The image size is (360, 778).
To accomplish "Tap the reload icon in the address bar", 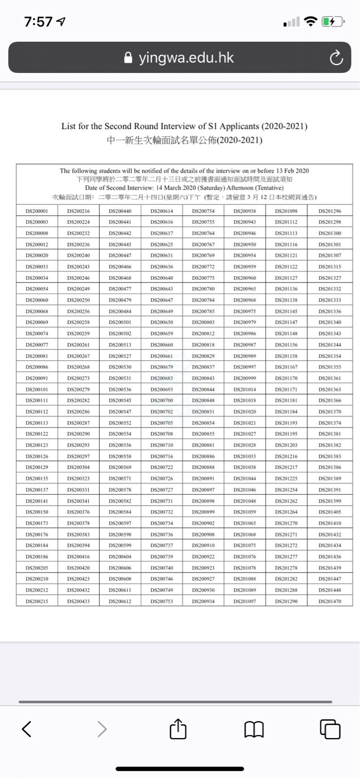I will [x=336, y=58].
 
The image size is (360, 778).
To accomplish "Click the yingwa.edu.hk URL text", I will [x=186, y=58].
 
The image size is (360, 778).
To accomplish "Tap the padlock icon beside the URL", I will [x=128, y=58].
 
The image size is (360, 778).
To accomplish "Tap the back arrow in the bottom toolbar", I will [x=27, y=729].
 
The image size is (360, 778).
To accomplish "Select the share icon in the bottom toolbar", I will [x=178, y=729].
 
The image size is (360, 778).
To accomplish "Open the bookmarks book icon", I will [x=254, y=729].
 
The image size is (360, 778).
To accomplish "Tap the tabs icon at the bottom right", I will [x=330, y=729].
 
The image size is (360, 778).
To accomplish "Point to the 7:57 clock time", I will [x=38, y=22].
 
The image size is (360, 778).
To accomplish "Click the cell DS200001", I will [x=36, y=211].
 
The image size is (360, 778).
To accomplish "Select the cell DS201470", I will [x=330, y=601].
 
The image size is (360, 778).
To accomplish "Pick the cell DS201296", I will [x=330, y=211].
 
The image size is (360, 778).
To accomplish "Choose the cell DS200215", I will [x=36, y=601].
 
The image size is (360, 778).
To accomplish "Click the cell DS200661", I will [x=162, y=356].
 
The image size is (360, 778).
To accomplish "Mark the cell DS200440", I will [x=120, y=211].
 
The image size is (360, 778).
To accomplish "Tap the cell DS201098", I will [x=286, y=211].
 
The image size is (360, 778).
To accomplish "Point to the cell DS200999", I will [x=245, y=378].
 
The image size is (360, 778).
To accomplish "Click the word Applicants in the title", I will [x=239, y=126].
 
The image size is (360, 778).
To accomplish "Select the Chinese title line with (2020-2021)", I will [x=184, y=141].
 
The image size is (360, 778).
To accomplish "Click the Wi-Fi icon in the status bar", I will [x=310, y=21].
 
